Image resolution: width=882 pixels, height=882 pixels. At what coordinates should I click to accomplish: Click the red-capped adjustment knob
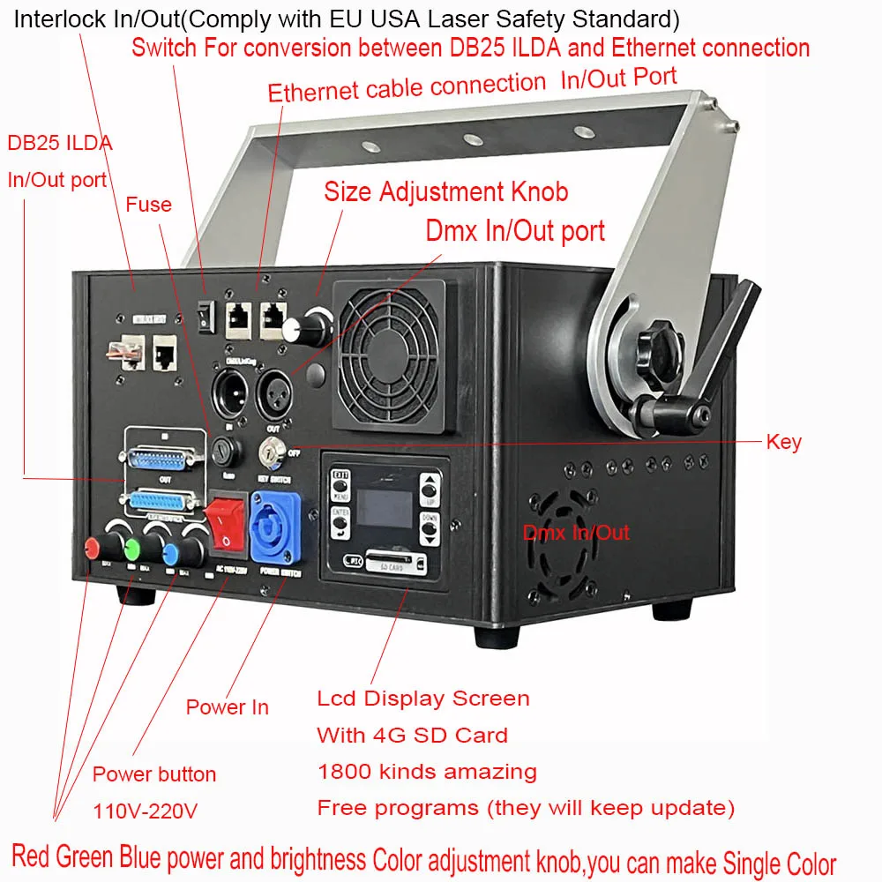click(93, 548)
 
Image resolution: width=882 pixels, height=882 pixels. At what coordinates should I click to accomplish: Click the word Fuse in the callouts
click(148, 205)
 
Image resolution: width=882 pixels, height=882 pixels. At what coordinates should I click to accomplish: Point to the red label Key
click(783, 442)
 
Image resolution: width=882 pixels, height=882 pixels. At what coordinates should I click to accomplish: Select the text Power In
click(227, 707)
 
